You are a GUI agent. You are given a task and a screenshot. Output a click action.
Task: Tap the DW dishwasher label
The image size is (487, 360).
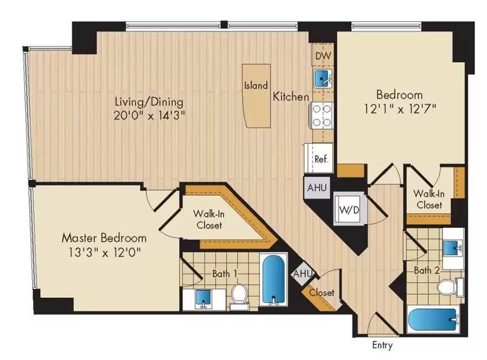coord(322,56)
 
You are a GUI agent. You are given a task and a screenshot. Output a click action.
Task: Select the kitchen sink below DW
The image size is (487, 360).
coord(322,78)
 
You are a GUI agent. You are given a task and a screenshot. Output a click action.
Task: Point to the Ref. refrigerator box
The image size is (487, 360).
coord(320,158)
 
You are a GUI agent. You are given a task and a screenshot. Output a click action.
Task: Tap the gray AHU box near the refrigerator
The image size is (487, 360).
coord(317,188)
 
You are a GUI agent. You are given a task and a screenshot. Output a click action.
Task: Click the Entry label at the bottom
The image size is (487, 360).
coord(382,345)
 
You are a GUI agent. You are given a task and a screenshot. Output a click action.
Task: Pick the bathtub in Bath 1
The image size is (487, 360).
coord(273,280)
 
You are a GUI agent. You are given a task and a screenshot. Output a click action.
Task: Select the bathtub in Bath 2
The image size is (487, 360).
coord(433,319)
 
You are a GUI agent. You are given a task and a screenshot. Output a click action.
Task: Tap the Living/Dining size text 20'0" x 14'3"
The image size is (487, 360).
coord(150,115)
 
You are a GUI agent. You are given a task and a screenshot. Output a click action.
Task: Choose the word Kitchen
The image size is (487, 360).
coord(291,96)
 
